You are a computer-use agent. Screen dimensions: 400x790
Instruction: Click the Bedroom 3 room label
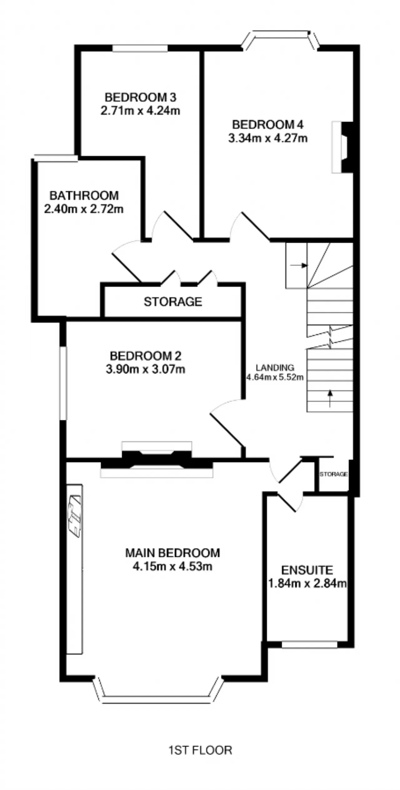click(140, 97)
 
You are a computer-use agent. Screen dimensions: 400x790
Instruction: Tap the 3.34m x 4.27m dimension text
click(268, 138)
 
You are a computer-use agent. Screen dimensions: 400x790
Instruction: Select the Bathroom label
click(84, 196)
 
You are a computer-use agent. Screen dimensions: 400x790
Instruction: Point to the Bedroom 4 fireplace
click(342, 147)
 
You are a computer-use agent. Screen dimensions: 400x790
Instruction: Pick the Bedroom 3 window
click(140, 48)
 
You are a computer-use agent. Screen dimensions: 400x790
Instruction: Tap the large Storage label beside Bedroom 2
click(173, 302)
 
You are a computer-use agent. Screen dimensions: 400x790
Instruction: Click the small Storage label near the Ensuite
click(333, 474)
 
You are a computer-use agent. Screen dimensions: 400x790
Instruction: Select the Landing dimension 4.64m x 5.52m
click(275, 377)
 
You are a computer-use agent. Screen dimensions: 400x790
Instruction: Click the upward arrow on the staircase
click(330, 399)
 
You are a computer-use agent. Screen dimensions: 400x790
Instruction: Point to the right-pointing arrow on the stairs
click(299, 265)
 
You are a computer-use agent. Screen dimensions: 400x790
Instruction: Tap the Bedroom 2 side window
click(63, 383)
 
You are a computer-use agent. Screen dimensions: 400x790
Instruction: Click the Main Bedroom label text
click(172, 553)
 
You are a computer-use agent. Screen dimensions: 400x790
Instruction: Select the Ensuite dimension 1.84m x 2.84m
click(307, 583)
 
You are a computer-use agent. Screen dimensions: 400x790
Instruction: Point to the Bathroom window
click(56, 158)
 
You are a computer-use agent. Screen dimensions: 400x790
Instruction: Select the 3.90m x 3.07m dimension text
click(146, 370)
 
